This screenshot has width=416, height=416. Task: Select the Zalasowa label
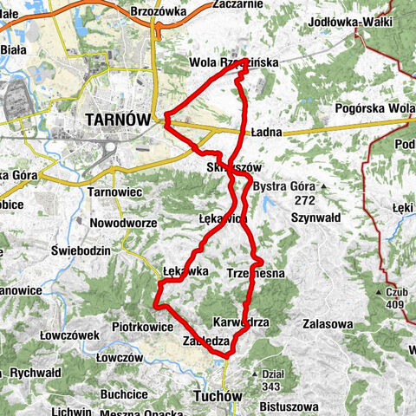(328, 323)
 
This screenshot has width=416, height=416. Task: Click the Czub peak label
(398, 292)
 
